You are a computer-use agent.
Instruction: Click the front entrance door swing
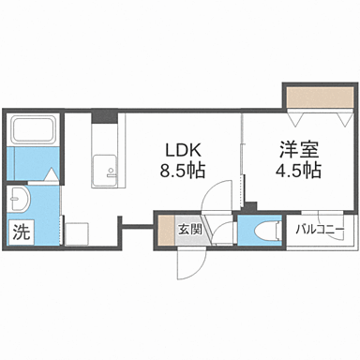(187, 264)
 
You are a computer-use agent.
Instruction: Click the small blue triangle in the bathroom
(50, 172)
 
